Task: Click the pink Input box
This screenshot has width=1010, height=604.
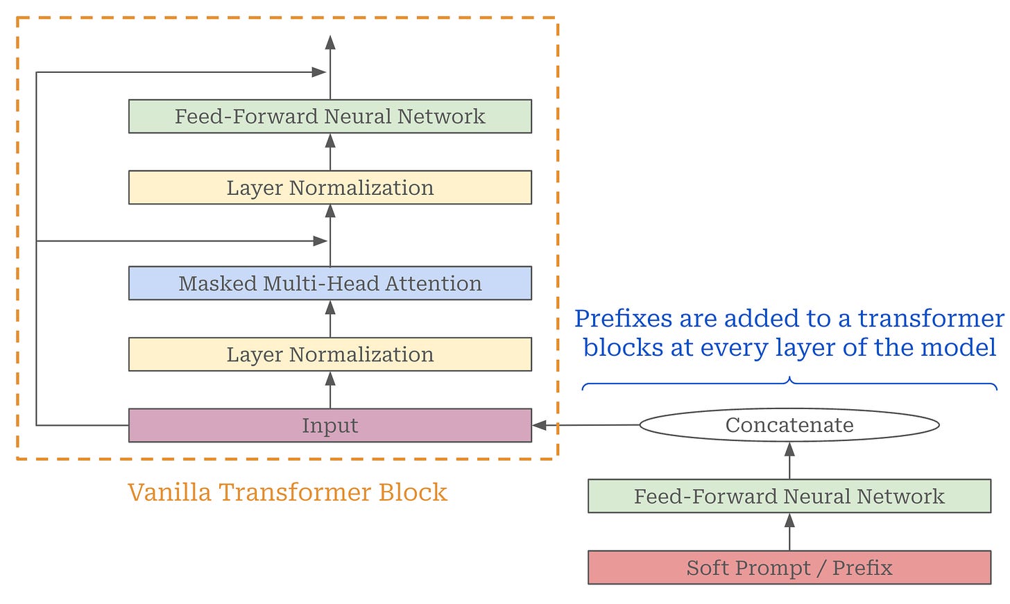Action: pos(330,426)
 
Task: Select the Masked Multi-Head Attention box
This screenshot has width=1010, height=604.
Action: pos(330,283)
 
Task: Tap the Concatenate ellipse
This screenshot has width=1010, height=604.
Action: pos(789,425)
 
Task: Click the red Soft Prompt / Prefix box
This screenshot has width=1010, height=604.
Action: pos(789,567)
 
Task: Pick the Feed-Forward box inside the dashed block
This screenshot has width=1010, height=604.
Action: pos(330,117)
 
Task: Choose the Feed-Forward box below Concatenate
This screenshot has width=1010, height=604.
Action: pos(789,496)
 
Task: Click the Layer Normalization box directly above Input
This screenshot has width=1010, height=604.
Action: pos(330,354)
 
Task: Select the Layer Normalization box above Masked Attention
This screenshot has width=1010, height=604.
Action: pos(330,187)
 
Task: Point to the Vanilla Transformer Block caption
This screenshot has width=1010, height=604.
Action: pos(288,492)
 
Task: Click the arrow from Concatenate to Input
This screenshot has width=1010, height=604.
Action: pos(586,425)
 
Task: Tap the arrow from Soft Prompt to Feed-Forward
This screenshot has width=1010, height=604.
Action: pos(789,532)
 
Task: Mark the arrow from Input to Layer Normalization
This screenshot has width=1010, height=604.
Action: pos(330,390)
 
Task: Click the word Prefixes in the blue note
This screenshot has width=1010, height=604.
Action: pos(624,319)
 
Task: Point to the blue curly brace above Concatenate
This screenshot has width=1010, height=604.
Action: pos(789,383)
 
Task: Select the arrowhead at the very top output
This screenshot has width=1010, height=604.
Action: pos(330,42)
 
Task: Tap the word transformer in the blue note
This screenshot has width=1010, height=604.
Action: pos(931,319)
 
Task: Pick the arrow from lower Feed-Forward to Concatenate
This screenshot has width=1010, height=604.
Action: pos(789,460)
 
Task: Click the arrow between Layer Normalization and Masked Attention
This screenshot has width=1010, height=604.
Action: pos(330,319)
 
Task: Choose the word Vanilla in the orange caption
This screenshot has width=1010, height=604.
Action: pos(169,492)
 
